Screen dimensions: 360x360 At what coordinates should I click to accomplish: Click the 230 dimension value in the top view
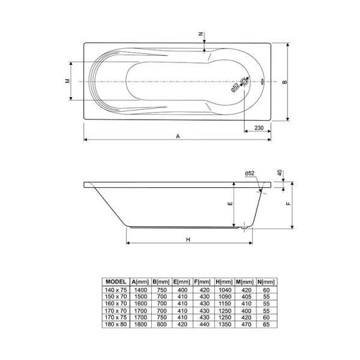click(x=259, y=128)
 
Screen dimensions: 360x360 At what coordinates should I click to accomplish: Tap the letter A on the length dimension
click(x=178, y=136)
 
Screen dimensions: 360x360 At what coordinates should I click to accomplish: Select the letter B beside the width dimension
click(x=284, y=82)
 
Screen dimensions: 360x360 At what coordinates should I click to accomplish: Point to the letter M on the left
click(x=67, y=81)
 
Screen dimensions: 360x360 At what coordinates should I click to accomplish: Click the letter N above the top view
click(x=200, y=34)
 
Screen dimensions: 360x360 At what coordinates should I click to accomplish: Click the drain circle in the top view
click(x=244, y=82)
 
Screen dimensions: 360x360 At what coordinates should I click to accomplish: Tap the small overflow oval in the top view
click(x=262, y=81)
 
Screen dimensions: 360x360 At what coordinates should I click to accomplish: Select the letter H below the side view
click(x=188, y=239)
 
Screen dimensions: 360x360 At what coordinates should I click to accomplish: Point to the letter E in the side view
click(x=231, y=203)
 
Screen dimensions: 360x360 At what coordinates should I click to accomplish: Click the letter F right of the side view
click(x=289, y=203)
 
